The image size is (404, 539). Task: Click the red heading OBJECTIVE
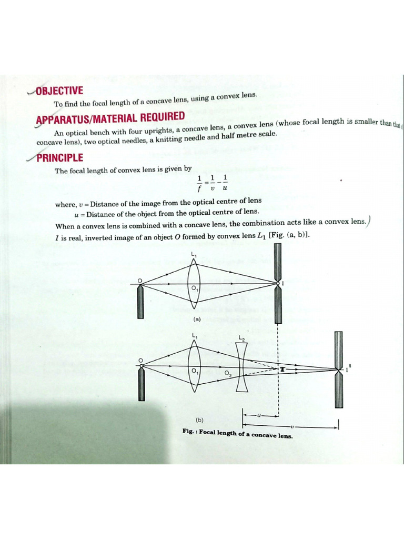(x=60, y=91)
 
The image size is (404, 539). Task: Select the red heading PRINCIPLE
(x=60, y=157)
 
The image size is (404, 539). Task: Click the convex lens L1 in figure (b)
(x=194, y=365)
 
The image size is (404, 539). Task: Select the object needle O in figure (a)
(x=140, y=300)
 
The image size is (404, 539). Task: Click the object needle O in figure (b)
(x=140, y=380)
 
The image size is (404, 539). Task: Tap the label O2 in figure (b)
(x=228, y=374)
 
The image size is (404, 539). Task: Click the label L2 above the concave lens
(x=241, y=337)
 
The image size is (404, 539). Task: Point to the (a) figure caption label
(x=197, y=320)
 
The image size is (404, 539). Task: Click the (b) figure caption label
(x=199, y=420)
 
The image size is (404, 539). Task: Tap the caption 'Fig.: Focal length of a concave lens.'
(x=237, y=433)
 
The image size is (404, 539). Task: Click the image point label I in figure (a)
(x=284, y=284)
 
